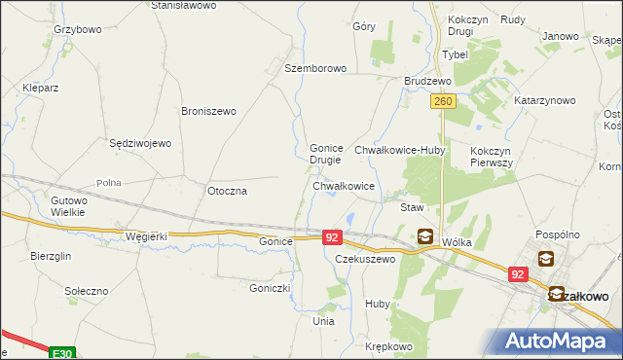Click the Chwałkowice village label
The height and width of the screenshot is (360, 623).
[x=344, y=185]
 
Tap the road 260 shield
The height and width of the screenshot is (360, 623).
[x=442, y=101]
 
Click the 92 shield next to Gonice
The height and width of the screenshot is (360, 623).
[x=332, y=236]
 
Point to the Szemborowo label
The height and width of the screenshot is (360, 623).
[x=315, y=69]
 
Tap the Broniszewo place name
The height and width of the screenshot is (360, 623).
[x=208, y=111]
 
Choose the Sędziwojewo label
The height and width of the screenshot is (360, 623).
[x=140, y=143]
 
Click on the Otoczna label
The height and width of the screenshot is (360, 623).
[x=228, y=191]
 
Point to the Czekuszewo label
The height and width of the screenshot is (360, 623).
[x=365, y=260]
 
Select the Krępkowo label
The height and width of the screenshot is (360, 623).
[x=389, y=346]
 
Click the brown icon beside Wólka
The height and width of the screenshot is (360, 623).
[x=425, y=234]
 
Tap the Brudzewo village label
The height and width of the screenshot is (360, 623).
[x=427, y=81]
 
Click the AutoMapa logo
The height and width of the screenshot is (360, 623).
[x=562, y=341]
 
